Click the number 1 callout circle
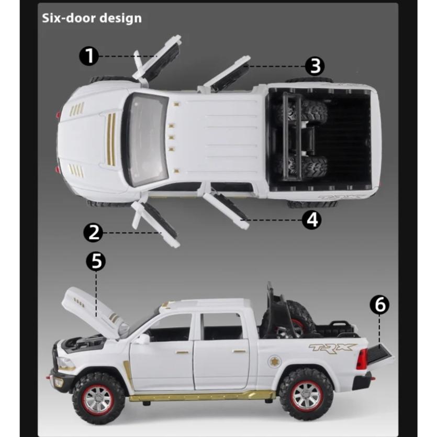pos(89,55)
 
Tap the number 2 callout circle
pos(94,232)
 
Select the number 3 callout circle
pos(315,66)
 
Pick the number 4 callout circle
pos(312,220)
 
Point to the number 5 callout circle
pos(96,261)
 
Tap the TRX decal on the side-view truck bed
pos(332,348)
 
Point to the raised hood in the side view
pos(89,311)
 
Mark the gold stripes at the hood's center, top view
pos(111,139)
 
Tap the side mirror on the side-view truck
pos(141,339)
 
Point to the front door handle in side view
pos(182,353)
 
